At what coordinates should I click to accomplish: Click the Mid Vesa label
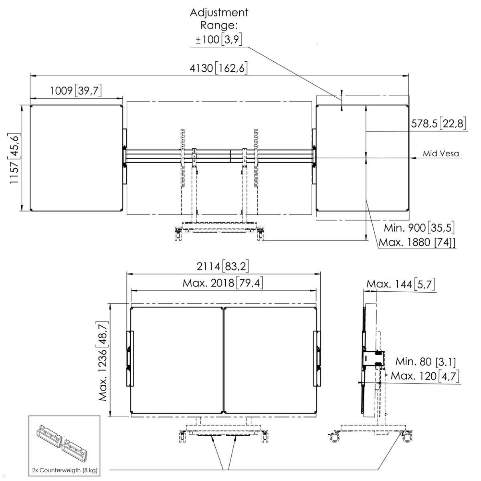tap(441, 154)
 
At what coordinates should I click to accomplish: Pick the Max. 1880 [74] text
tap(417, 243)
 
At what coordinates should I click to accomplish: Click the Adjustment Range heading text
tap(219, 19)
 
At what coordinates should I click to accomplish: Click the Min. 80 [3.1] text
tap(425, 362)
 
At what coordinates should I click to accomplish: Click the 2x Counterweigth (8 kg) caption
tap(65, 470)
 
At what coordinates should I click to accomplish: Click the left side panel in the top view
tap(76, 158)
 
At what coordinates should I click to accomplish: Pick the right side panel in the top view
tap(362, 158)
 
